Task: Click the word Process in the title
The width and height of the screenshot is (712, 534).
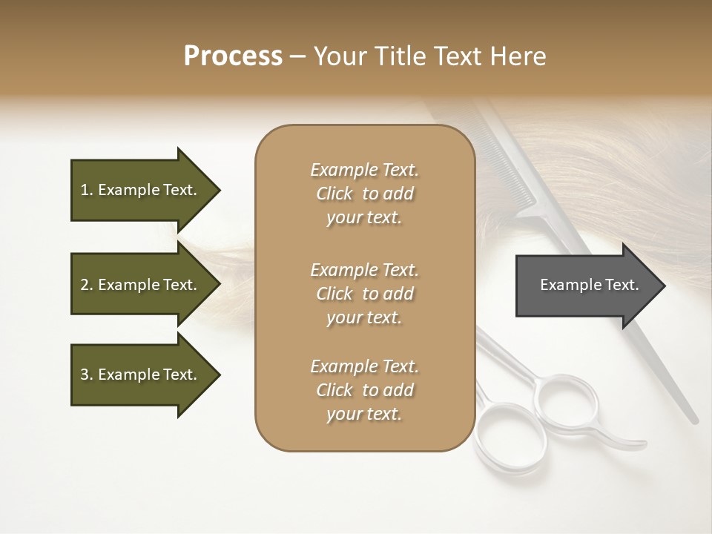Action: coord(233,56)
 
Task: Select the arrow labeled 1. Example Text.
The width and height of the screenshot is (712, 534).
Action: coord(141,190)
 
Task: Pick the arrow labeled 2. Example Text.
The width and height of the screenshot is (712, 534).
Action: coord(141,285)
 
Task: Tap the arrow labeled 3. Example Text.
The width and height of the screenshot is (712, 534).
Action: coord(141,375)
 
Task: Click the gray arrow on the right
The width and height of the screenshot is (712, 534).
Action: coord(586,286)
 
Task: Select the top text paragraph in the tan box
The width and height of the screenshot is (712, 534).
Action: coord(364,194)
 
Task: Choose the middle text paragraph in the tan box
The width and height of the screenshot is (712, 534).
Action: coord(364,294)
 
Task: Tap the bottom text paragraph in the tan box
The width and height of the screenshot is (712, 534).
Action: coord(364,390)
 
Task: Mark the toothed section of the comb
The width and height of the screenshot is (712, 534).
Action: coord(512,163)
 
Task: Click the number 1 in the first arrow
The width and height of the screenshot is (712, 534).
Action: coord(85,190)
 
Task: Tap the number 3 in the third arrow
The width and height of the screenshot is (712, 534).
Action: coord(85,375)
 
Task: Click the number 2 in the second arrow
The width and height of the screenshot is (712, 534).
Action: coord(85,285)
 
